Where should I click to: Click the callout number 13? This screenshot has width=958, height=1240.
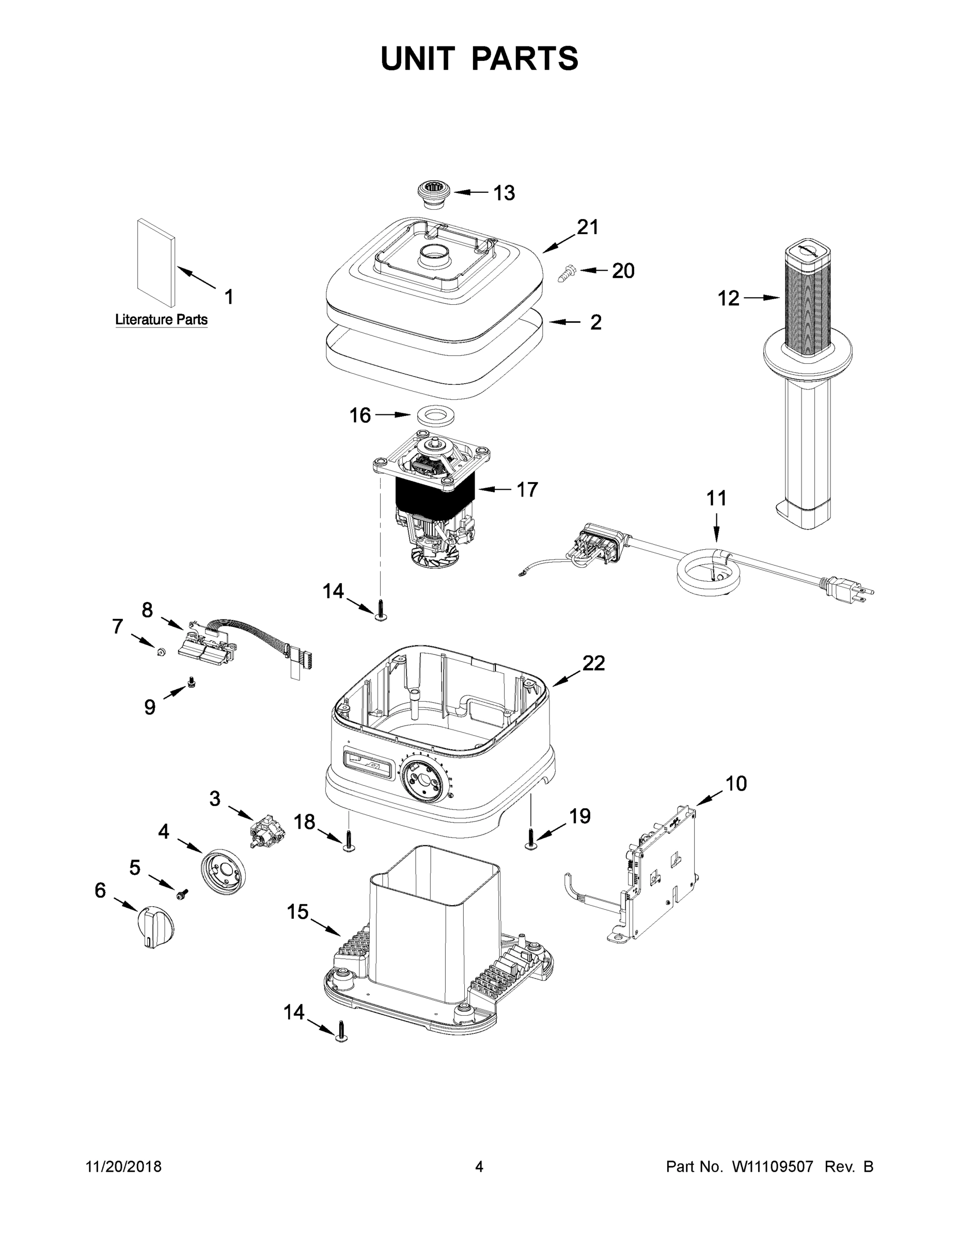tap(504, 193)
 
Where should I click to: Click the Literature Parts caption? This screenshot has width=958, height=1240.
tap(161, 320)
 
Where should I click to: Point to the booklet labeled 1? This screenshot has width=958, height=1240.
tap(155, 262)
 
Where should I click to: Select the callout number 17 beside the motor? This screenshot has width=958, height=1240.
tap(526, 489)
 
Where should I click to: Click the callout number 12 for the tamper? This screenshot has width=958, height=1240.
tap(729, 298)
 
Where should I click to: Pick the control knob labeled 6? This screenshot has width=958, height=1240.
tap(156, 926)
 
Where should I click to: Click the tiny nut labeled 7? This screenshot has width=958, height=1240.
tap(161, 652)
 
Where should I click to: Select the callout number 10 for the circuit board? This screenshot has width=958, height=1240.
tap(736, 784)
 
